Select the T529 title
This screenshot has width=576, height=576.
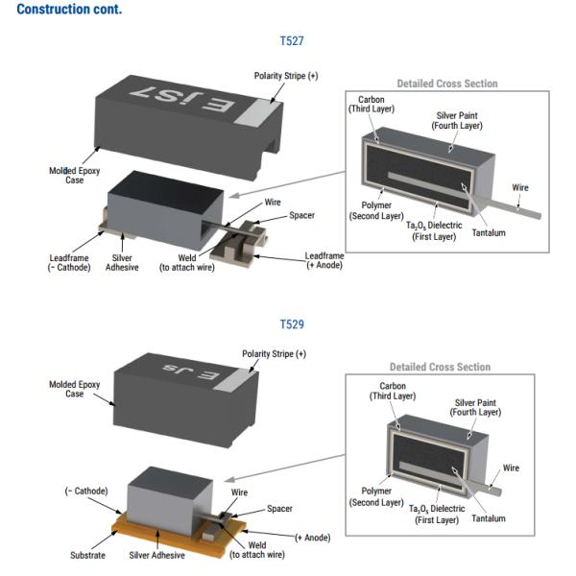click(292, 324)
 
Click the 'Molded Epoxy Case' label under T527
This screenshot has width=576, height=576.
click(75, 175)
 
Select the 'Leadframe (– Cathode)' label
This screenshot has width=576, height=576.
click(70, 262)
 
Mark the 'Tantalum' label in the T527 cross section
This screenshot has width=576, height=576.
click(490, 233)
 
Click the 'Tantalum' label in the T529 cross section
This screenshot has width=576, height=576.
click(490, 519)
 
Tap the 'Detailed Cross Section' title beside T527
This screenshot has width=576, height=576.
click(447, 84)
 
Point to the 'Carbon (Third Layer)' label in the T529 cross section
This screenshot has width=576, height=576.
click(394, 390)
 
